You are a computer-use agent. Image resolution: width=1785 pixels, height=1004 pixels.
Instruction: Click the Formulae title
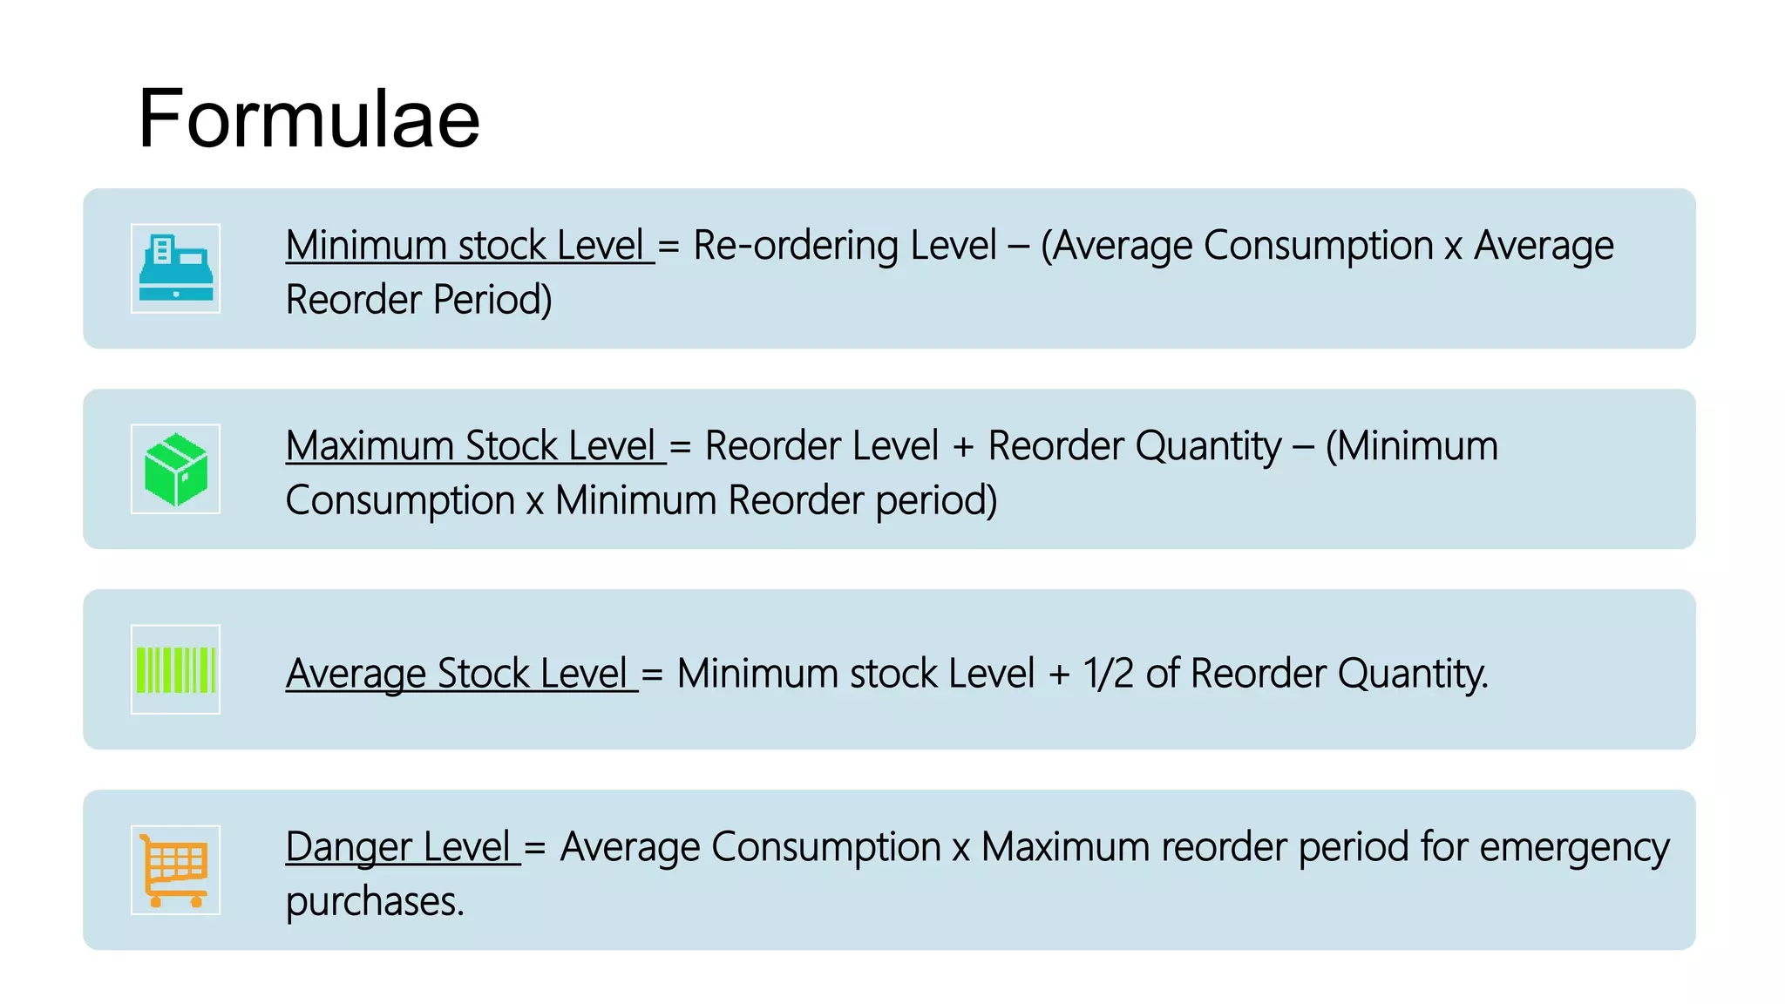309,119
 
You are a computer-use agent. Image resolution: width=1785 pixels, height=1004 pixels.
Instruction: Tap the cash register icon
175,268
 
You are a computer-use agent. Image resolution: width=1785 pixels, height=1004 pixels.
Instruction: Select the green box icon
175,469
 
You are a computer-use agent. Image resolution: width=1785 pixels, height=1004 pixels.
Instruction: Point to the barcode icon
175,669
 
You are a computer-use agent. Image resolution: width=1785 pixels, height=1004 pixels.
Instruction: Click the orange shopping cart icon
175,870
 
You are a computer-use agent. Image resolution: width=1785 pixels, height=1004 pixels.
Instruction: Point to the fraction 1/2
1108,673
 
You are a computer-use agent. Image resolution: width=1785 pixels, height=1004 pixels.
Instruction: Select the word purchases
374,901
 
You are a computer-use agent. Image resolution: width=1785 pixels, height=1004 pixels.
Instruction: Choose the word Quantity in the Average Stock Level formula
1412,673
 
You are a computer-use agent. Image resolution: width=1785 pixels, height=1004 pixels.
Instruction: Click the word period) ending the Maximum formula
936,500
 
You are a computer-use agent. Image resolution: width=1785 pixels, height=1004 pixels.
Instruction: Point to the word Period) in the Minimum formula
492,300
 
